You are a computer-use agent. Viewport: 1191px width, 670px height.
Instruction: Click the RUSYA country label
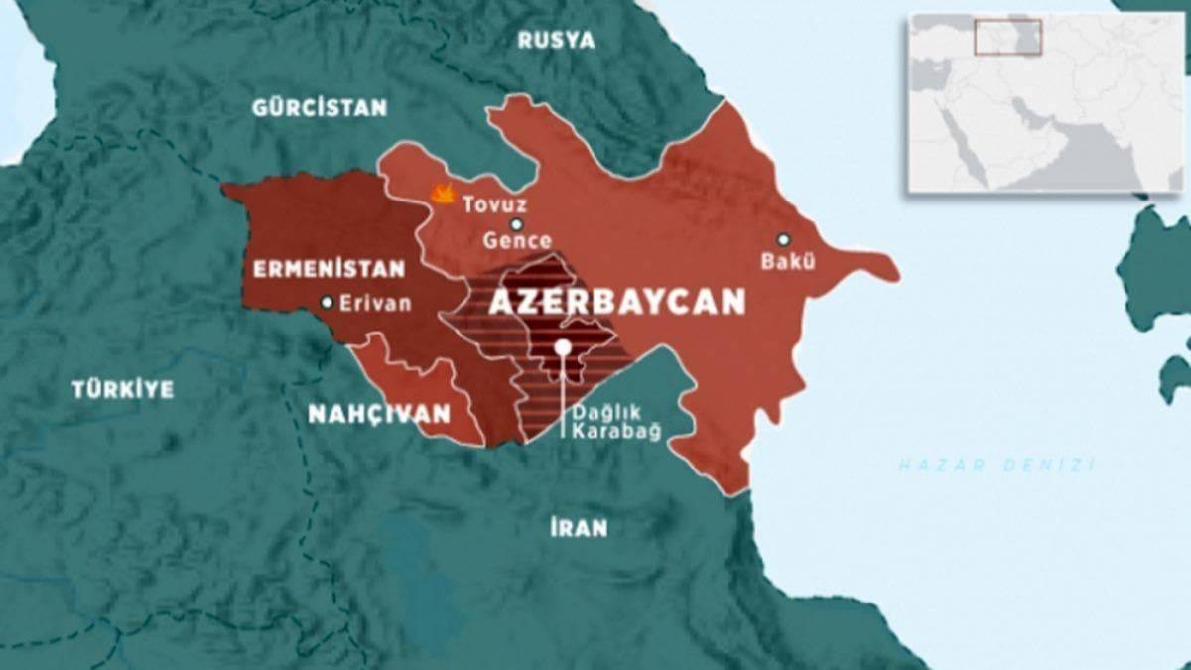click(556, 41)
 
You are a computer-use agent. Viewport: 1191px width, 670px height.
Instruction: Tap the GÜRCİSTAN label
click(319, 107)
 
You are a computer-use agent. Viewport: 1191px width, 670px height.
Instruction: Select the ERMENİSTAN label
click(329, 269)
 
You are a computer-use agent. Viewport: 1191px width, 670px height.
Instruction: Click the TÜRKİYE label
click(122, 389)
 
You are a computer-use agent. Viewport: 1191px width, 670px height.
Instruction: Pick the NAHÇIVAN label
click(378, 414)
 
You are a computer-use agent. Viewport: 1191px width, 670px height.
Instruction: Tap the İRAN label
click(578, 527)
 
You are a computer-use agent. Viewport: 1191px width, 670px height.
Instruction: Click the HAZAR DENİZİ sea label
click(995, 464)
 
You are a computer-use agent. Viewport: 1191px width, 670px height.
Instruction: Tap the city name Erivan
click(374, 304)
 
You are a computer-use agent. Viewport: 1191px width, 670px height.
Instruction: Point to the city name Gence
click(516, 241)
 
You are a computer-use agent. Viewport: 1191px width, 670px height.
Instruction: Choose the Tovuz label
click(493, 204)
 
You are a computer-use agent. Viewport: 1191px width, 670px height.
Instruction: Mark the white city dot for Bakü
click(783, 239)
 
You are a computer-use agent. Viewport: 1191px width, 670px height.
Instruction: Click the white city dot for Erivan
click(327, 303)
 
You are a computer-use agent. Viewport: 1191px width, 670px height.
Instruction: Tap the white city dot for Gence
click(516, 224)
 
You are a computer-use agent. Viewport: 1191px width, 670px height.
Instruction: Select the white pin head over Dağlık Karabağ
click(563, 347)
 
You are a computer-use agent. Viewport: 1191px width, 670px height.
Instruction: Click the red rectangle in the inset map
click(1007, 36)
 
